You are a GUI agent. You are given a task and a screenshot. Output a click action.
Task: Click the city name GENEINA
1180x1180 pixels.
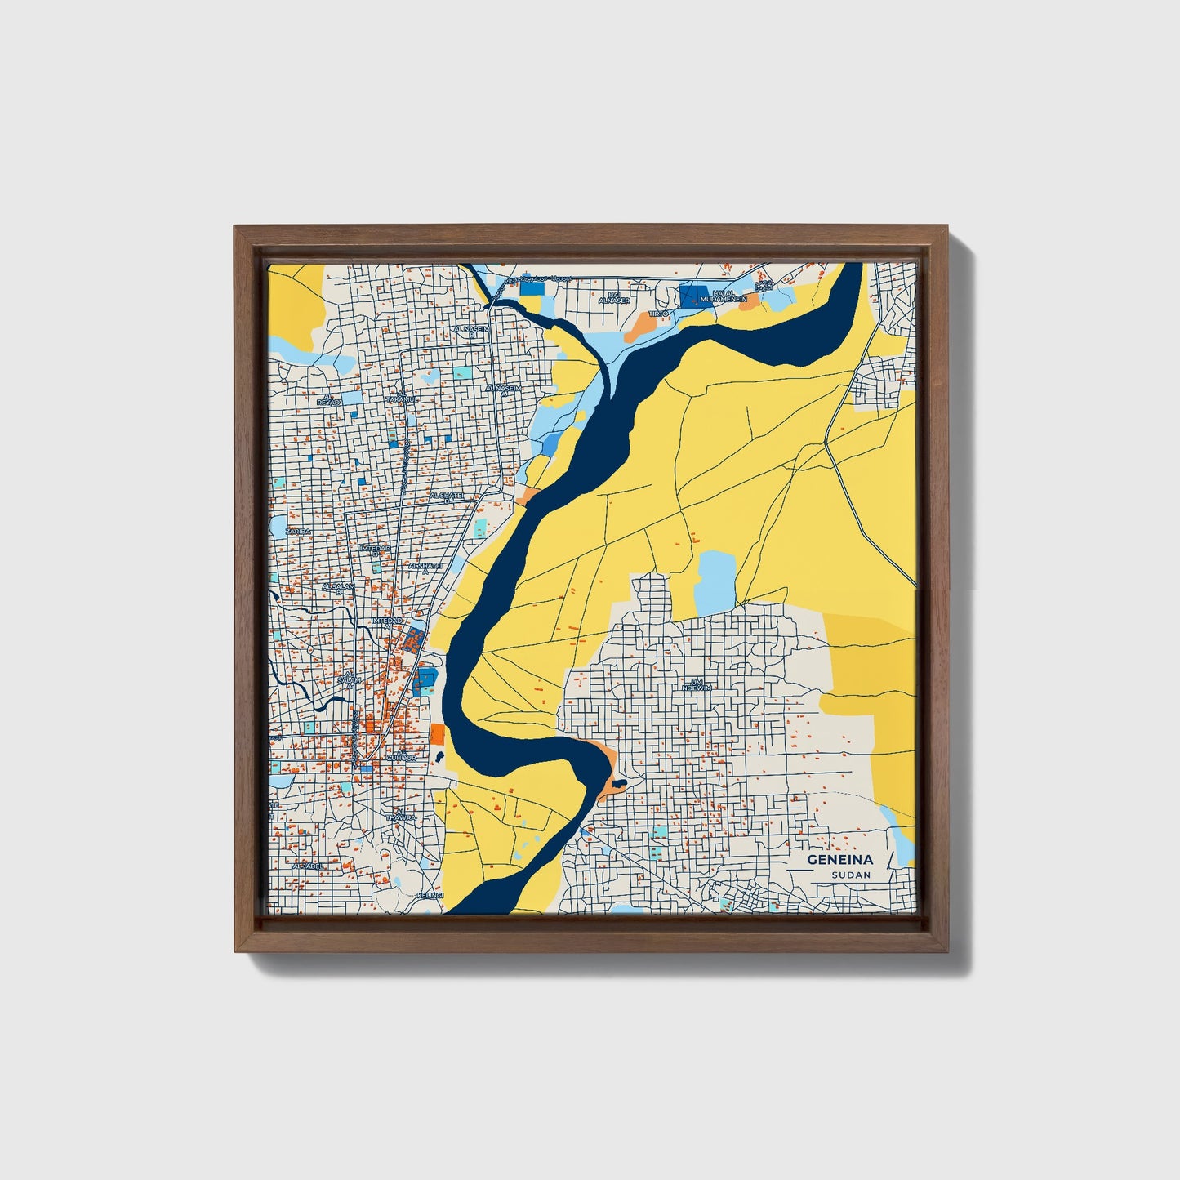tap(839, 860)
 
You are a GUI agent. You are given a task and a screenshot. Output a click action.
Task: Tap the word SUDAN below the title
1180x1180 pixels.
tap(851, 875)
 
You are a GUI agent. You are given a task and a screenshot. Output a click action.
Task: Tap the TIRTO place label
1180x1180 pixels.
tap(658, 313)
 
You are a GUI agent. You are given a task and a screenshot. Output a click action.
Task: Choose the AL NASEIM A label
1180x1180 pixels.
tap(501, 390)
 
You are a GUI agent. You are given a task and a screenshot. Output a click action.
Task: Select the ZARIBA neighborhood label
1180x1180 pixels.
tap(298, 531)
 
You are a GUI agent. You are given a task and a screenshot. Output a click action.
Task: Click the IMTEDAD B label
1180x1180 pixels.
tap(375, 550)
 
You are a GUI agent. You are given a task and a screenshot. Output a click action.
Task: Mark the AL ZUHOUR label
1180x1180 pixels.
tap(401, 755)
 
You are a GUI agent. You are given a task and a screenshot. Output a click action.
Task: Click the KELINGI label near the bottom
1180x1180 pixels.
tap(430, 896)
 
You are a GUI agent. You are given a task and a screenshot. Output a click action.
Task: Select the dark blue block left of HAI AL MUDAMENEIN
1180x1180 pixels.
tap(694, 296)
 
